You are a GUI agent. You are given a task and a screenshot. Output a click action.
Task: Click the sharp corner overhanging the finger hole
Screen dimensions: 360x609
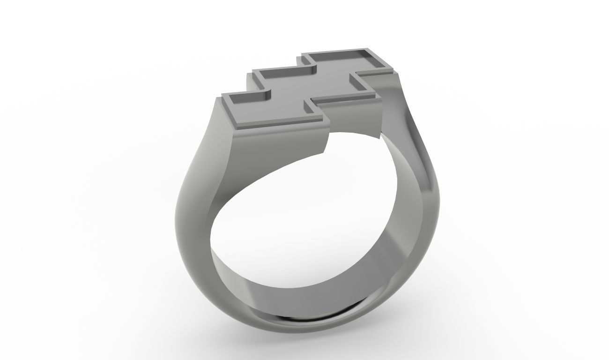[379, 137]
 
